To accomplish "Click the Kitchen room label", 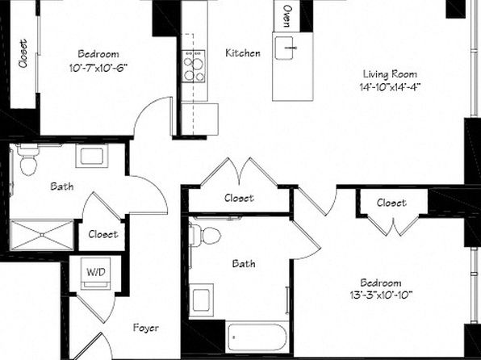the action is pyautogui.click(x=243, y=53).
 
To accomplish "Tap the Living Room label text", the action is pyautogui.click(x=390, y=74).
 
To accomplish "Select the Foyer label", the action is pyautogui.click(x=146, y=328).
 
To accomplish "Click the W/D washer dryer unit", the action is pyautogui.click(x=95, y=274).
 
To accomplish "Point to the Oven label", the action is pyautogui.click(x=287, y=16).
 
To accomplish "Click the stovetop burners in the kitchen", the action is pyautogui.click(x=193, y=66).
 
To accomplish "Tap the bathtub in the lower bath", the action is pyautogui.click(x=257, y=337).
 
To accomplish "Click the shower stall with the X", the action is pyautogui.click(x=42, y=235).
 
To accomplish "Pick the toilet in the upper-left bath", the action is pyautogui.click(x=28, y=160).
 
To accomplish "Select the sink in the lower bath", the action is pyautogui.click(x=201, y=300).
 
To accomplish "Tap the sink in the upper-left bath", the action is pyautogui.click(x=92, y=156).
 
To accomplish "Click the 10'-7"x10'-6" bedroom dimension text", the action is pyautogui.click(x=98, y=68).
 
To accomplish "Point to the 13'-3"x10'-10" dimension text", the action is pyautogui.click(x=380, y=295).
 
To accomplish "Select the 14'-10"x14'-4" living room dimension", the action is pyautogui.click(x=390, y=87).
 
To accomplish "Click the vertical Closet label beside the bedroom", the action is pyautogui.click(x=23, y=53).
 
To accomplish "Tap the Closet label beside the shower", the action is pyautogui.click(x=102, y=234).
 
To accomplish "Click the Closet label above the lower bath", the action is pyautogui.click(x=239, y=198).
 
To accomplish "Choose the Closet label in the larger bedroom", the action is pyautogui.click(x=391, y=203).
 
